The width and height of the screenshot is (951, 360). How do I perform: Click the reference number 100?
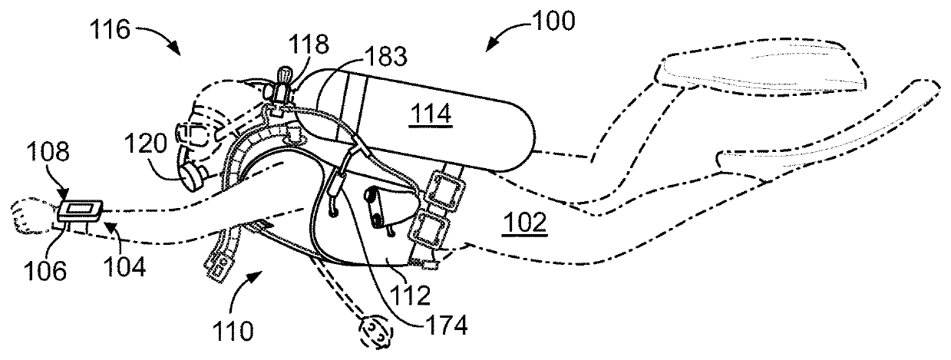(553, 21)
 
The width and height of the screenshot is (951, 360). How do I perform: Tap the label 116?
(110, 30)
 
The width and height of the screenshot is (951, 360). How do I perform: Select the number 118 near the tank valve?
(309, 45)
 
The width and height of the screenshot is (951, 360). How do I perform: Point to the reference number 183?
(386, 57)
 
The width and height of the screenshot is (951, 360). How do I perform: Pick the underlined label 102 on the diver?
(525, 223)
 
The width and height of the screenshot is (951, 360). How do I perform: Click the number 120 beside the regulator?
(146, 144)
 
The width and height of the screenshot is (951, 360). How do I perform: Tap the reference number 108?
(48, 150)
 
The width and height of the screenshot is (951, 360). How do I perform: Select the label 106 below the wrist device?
(45, 270)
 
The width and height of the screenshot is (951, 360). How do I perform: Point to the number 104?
(124, 267)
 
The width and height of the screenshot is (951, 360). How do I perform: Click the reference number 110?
(233, 331)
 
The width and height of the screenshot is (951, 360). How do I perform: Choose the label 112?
(410, 295)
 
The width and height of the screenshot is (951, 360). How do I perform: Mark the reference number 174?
(446, 325)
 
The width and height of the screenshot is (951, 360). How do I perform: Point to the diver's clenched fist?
(31, 216)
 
